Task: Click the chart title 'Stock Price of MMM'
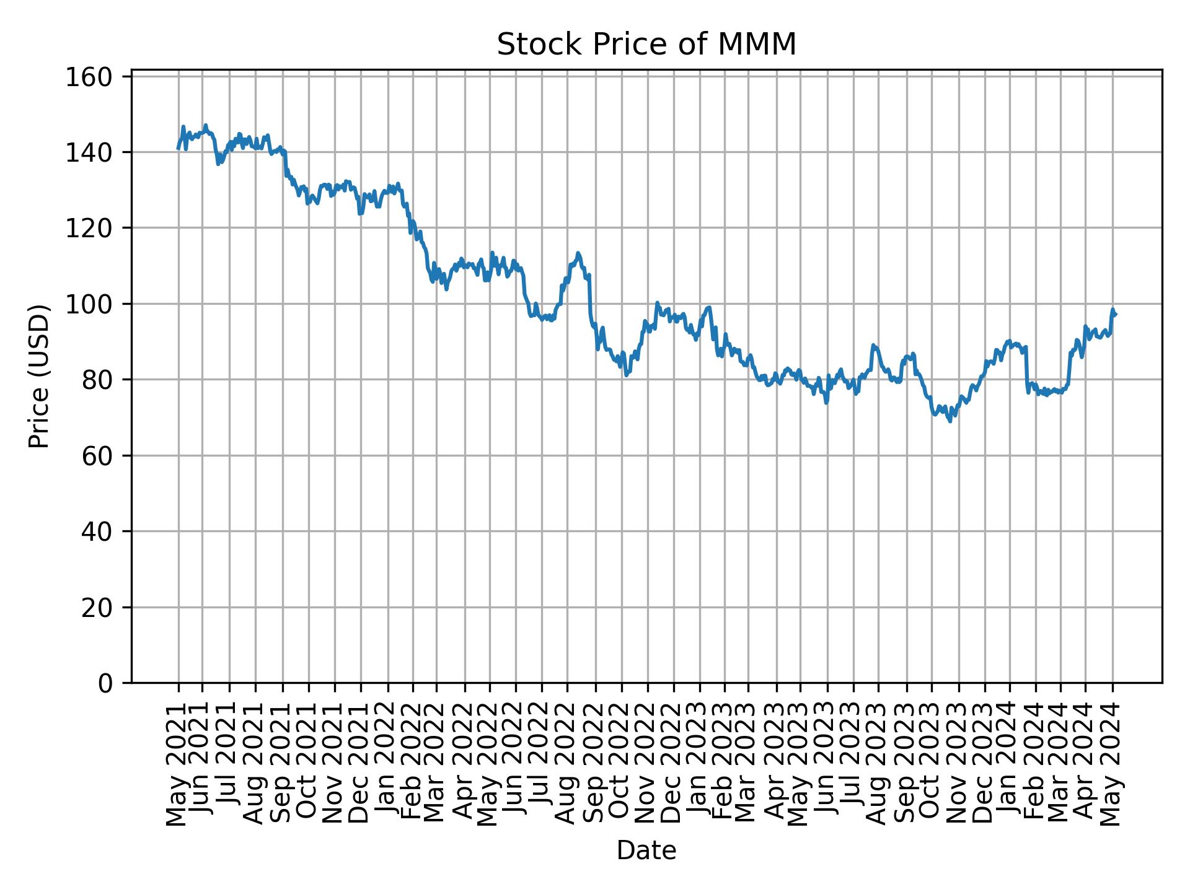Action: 646,45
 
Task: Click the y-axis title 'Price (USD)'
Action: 39,376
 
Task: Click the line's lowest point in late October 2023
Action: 950,421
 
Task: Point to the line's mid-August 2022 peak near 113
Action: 578,253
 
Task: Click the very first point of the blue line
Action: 178,149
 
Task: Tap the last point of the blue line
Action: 1116,315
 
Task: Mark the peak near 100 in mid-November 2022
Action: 657,303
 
